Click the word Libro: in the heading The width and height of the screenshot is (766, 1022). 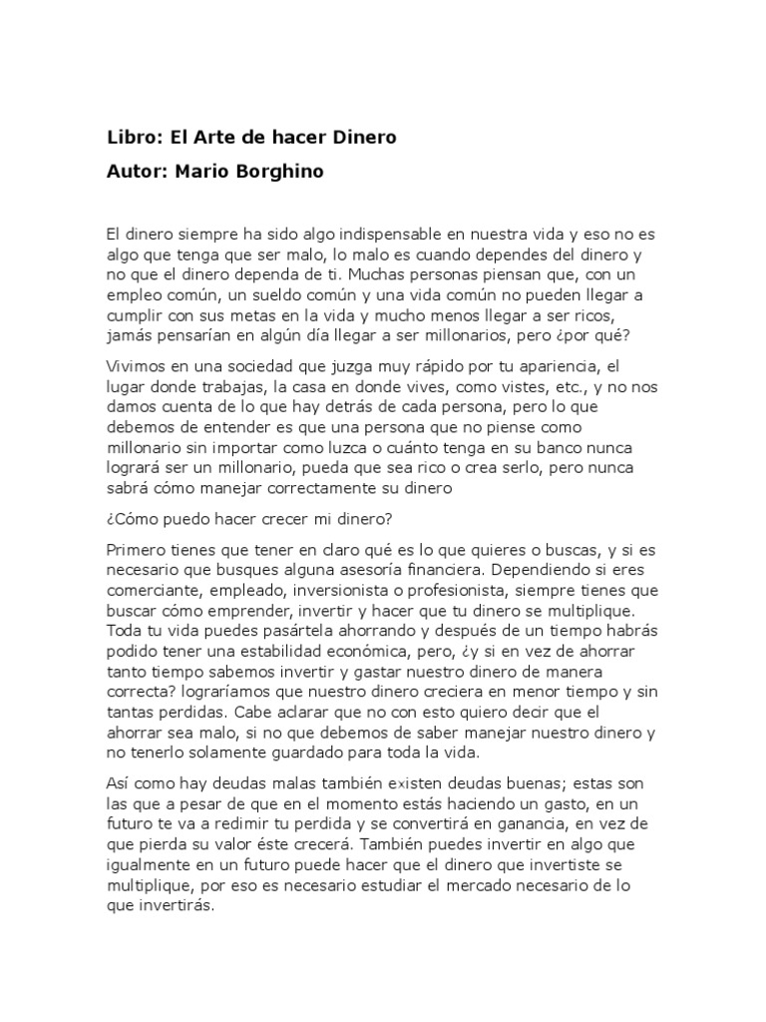pyautogui.click(x=132, y=137)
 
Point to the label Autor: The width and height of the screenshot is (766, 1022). pyautogui.click(x=138, y=171)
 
